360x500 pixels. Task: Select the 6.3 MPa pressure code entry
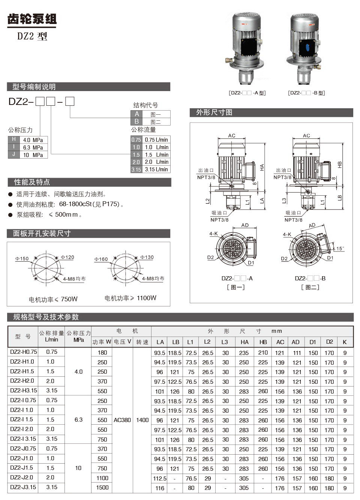[x=28, y=147]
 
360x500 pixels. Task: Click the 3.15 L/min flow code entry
[x=150, y=169]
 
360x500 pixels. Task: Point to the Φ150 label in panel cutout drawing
[x=22, y=259]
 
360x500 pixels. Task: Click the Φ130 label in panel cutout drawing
[x=147, y=257]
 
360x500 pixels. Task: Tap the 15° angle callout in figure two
[x=340, y=249]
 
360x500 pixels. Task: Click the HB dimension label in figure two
[x=340, y=164]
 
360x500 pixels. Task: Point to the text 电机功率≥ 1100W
[x=130, y=298]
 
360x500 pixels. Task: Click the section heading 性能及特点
[x=32, y=182]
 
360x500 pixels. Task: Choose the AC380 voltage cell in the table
[x=122, y=420]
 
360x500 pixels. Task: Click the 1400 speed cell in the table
[x=142, y=420]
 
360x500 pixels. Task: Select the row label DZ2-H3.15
[x=23, y=391]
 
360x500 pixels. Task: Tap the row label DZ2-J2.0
[x=22, y=478]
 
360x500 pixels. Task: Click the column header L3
[x=225, y=342]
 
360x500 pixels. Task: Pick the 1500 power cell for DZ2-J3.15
[x=102, y=487]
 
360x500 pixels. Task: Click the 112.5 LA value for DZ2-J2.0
[x=160, y=478]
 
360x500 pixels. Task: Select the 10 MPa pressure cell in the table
[x=78, y=468]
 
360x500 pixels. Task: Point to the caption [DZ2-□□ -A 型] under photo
[x=247, y=93]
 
